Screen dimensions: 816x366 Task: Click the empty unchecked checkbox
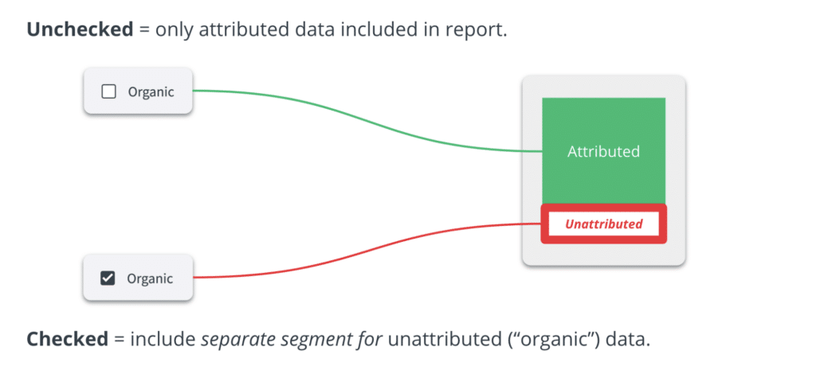click(x=108, y=92)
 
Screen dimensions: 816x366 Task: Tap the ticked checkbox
click(x=108, y=278)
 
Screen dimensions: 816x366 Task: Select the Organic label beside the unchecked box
click(x=151, y=92)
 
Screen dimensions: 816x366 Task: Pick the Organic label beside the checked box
click(x=150, y=278)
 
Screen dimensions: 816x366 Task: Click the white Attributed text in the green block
click(x=604, y=151)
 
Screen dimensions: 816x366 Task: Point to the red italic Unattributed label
click(x=604, y=224)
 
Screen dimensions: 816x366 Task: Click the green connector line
click(x=367, y=121)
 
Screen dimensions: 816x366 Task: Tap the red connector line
click(x=367, y=251)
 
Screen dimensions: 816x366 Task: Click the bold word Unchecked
click(x=80, y=29)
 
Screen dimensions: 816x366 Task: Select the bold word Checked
click(x=68, y=339)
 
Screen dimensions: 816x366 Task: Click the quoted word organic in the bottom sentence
click(x=559, y=340)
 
